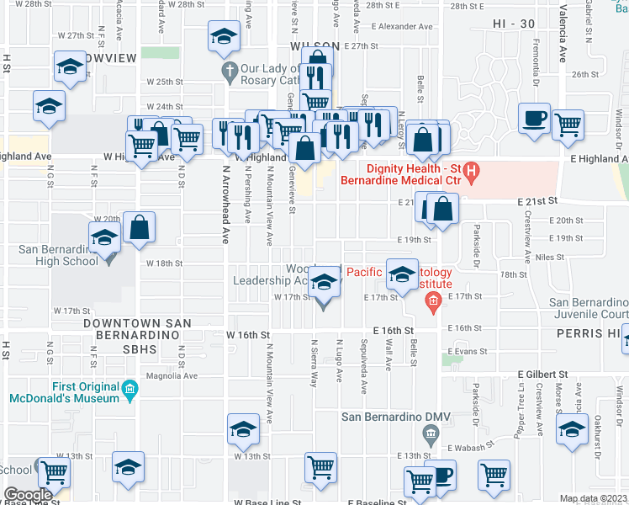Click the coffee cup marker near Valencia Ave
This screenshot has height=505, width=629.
point(534,119)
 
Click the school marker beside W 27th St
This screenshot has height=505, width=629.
point(224,38)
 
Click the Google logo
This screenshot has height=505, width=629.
point(28,495)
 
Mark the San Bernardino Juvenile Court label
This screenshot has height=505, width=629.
point(589,309)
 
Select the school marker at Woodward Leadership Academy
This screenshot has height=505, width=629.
point(324,284)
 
